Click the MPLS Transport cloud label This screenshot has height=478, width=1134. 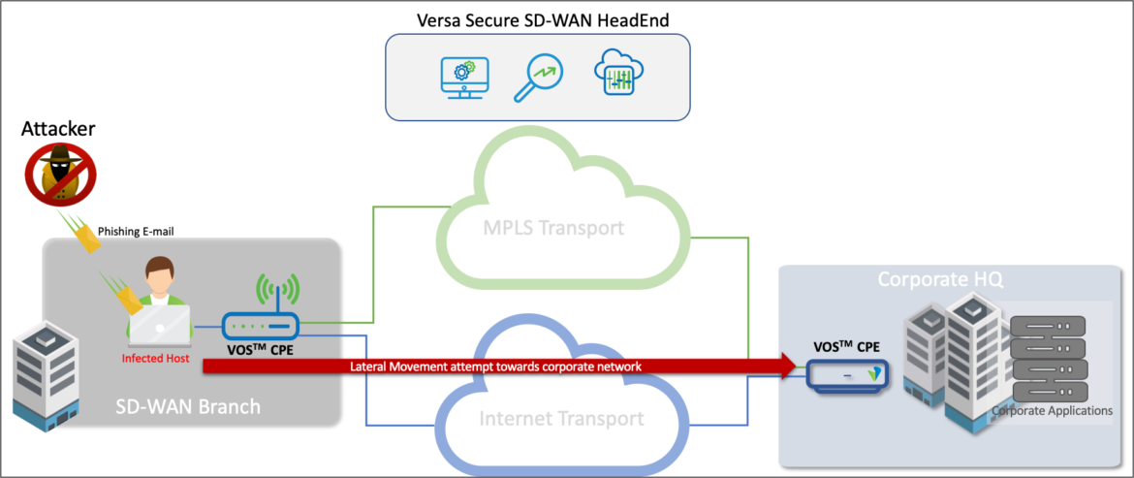(553, 230)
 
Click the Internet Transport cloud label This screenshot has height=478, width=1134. (561, 419)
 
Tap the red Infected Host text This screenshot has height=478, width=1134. (155, 358)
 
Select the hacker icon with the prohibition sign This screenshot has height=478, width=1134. (61, 175)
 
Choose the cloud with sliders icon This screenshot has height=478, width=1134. (619, 75)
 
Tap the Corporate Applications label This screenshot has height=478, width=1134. (1052, 411)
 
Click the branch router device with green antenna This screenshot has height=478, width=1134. (262, 326)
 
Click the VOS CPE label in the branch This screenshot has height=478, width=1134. (263, 350)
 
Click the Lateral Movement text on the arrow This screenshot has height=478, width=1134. (495, 366)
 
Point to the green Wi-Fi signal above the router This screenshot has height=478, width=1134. (277, 290)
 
